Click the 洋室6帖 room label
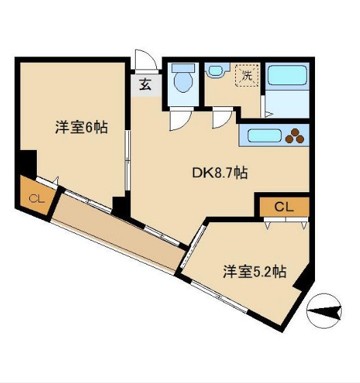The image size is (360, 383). click(x=80, y=127)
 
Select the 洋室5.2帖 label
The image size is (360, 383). click(x=254, y=272)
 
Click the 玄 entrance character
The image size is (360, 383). click(x=146, y=85)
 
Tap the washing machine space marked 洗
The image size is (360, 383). click(x=245, y=76)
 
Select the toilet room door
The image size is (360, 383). click(x=179, y=120)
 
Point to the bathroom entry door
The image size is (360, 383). click(x=265, y=106)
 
